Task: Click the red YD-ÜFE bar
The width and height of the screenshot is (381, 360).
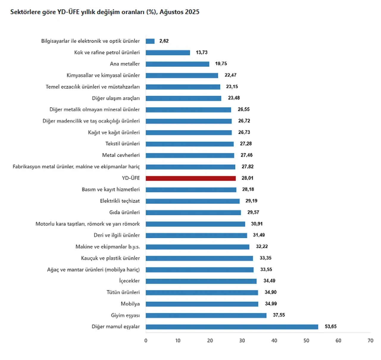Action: click(190, 178)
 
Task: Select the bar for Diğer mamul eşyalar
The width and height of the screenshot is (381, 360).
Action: click(232, 327)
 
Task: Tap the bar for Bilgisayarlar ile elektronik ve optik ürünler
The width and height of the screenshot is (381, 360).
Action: click(150, 41)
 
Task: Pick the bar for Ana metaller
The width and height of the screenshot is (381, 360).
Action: click(177, 64)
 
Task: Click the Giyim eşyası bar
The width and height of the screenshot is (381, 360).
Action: click(206, 315)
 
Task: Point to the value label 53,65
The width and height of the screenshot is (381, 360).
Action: click(330, 327)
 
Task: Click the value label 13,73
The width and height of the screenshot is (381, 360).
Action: click(202, 52)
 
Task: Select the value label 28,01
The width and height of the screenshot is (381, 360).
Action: click(247, 178)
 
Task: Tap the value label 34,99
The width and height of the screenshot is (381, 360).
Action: click(271, 304)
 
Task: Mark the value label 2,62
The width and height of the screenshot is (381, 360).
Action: click(164, 41)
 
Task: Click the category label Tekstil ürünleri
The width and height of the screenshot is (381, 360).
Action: click(122, 144)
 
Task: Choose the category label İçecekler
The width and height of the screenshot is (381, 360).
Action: click(129, 281)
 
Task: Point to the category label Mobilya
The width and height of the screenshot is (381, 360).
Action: click(130, 304)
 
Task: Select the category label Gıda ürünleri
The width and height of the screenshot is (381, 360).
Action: click(124, 212)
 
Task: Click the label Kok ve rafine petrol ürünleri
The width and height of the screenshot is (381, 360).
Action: click(107, 52)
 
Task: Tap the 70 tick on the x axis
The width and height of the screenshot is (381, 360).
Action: click(370, 341)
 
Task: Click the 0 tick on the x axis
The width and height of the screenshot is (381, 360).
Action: click(146, 341)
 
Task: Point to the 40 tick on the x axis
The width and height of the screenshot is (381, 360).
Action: click(274, 341)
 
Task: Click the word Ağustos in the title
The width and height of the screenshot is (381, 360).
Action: click(171, 12)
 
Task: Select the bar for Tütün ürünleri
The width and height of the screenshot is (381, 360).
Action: click(202, 293)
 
